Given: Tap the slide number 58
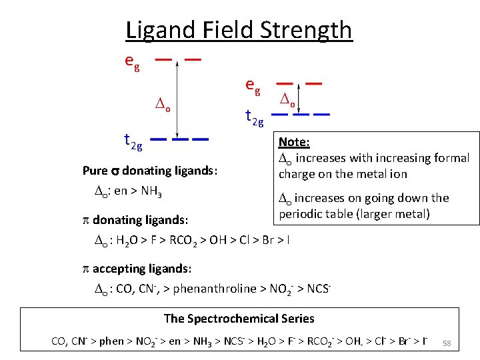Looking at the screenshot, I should click(447, 343).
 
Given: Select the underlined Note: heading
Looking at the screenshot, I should click(294, 142).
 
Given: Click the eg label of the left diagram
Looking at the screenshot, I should click(132, 61).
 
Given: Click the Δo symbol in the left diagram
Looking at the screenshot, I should click(163, 105).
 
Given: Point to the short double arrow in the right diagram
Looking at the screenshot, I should click(302, 98).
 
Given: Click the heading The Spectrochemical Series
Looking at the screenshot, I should click(239, 319).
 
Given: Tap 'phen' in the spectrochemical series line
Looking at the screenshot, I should click(111, 341).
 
